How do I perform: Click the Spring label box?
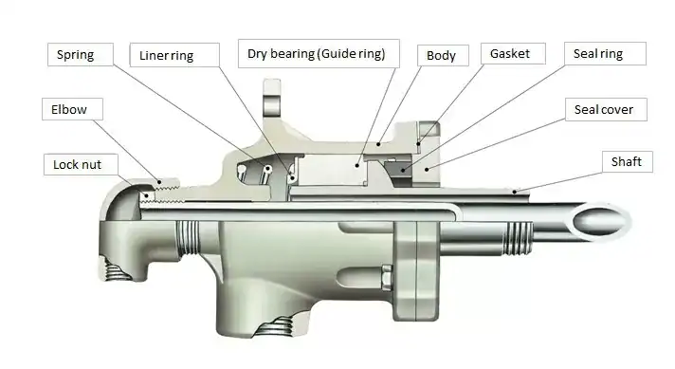click(x=81, y=55)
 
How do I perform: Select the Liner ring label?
click(x=174, y=55)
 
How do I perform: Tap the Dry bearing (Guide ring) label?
click(x=319, y=54)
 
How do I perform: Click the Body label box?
click(x=443, y=56)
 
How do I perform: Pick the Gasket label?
click(x=513, y=54)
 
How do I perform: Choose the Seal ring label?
click(x=605, y=54)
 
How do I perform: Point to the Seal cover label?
click(x=606, y=110)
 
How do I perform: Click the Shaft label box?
click(x=628, y=162)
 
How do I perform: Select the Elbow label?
click(x=72, y=109)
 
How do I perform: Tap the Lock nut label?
click(x=81, y=164)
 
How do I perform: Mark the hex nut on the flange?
click(x=387, y=277)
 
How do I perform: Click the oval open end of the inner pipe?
click(x=600, y=221)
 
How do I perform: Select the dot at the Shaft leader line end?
click(x=515, y=192)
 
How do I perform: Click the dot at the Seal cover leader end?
click(x=427, y=169)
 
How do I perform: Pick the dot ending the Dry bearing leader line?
click(x=357, y=165)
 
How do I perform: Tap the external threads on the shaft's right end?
click(x=520, y=238)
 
